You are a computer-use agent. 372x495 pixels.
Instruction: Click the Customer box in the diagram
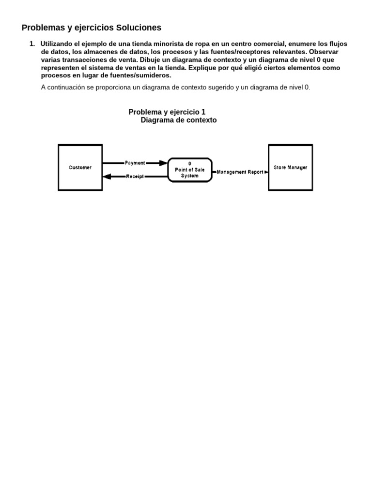pyautogui.click(x=80, y=167)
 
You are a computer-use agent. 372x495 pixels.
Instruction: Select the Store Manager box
pyautogui.click(x=290, y=167)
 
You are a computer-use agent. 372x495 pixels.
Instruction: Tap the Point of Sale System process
pyautogui.click(x=190, y=170)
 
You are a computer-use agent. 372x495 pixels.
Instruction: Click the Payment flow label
pyautogui.click(x=135, y=163)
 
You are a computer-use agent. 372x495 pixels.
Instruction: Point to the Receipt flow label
pyautogui.click(x=135, y=176)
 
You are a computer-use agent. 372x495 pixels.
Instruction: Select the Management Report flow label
pyautogui.click(x=240, y=172)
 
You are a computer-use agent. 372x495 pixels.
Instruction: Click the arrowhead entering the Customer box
pyautogui.click(x=107, y=176)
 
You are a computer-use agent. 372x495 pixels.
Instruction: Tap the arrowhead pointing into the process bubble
pyautogui.click(x=164, y=163)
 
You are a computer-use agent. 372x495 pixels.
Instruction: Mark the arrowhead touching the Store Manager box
pyautogui.click(x=266, y=172)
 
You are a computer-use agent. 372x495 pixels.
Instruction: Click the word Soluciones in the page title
pyautogui.click(x=138, y=28)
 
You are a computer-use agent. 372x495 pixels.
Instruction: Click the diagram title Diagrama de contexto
pyautogui.click(x=179, y=120)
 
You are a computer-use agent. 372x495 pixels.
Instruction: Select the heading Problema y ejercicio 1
pyautogui.click(x=167, y=112)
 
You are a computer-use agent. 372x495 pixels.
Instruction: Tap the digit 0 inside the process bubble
pyautogui.click(x=190, y=163)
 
